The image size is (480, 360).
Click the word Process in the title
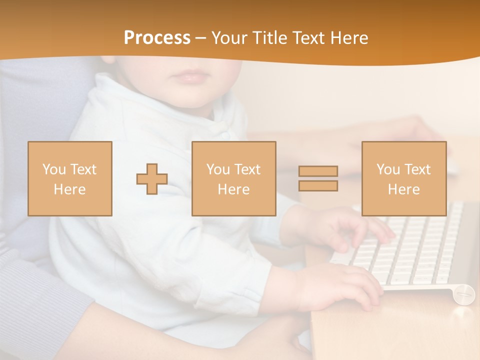tap(157, 37)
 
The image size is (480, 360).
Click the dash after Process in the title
tap(200, 38)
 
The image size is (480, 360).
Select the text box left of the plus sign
tap(69, 178)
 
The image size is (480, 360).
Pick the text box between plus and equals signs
tap(233, 178)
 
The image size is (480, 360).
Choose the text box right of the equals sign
tap(403, 178)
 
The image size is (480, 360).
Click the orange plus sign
tap(152, 179)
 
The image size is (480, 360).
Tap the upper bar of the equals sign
tap(318, 171)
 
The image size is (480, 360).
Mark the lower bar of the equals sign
tap(318, 186)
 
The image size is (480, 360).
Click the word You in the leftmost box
tap(53, 169)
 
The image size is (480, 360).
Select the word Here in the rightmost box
tap(403, 189)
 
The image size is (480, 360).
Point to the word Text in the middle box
tap(247, 169)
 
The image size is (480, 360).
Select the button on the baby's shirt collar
tap(226, 134)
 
